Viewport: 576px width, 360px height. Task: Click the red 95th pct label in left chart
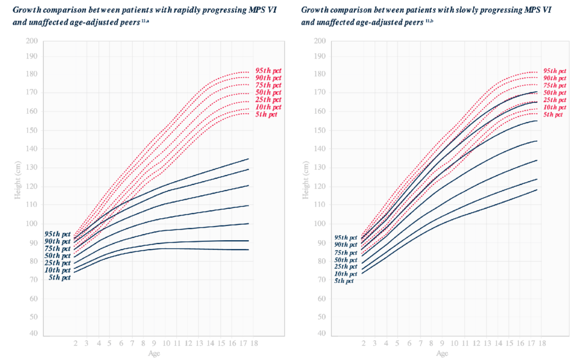coord(267,70)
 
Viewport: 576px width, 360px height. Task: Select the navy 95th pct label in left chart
coord(58,234)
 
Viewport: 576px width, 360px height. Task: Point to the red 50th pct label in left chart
coord(267,92)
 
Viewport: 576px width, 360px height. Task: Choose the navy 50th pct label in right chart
coord(345,260)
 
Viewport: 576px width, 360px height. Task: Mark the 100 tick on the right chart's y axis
coord(319,223)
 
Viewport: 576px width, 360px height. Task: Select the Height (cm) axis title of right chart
coord(307,187)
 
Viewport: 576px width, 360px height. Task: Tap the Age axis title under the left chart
coord(152,353)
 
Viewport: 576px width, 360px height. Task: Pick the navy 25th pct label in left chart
coord(58,263)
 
